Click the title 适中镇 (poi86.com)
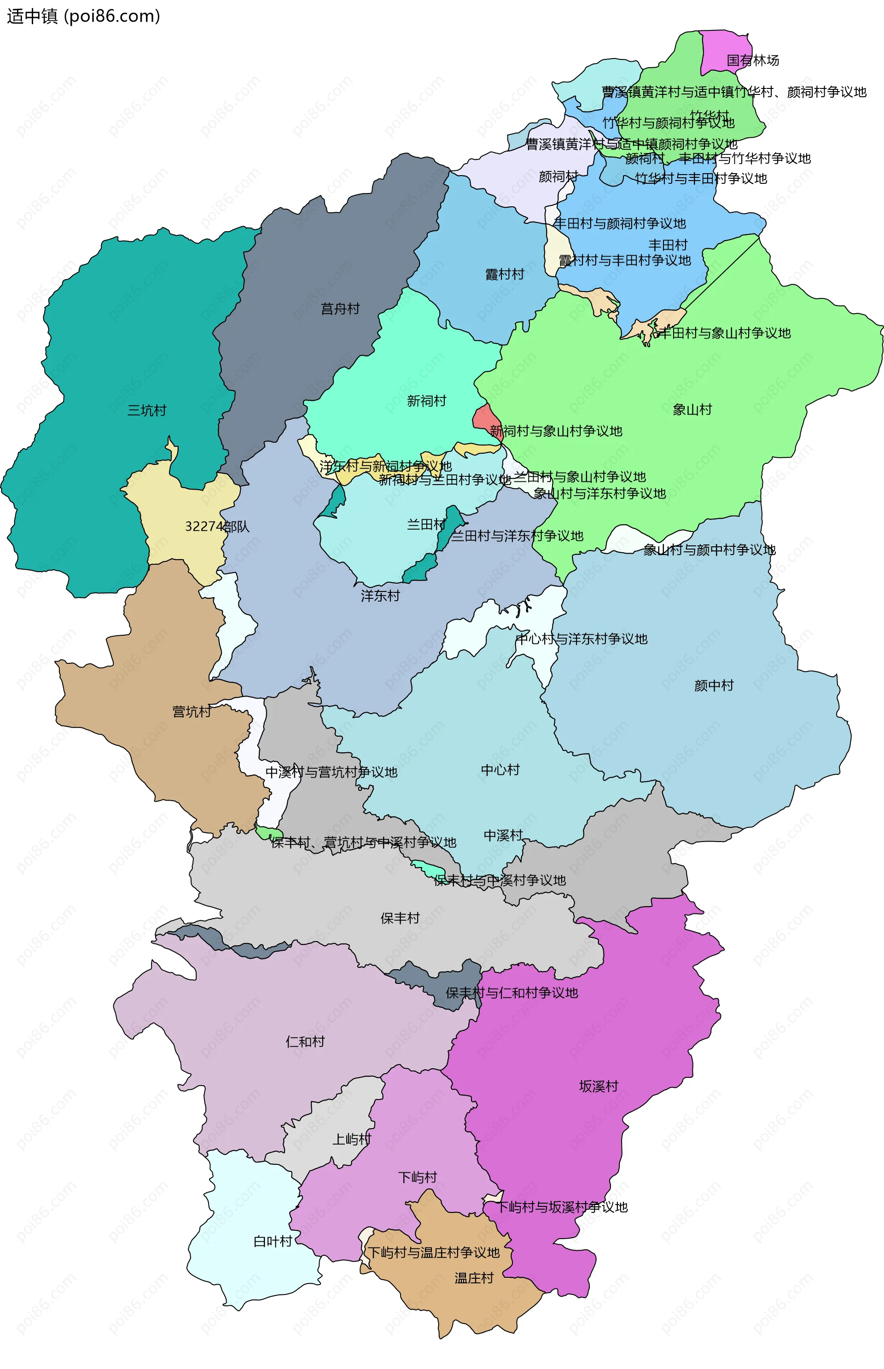pyautogui.click(x=83, y=16)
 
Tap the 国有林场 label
pyautogui.click(x=752, y=60)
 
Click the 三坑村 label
pyautogui.click(x=146, y=410)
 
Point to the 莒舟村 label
pyautogui.click(x=340, y=309)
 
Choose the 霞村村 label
pyautogui.click(x=505, y=274)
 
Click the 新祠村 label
pyautogui.click(x=426, y=401)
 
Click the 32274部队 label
pyautogui.click(x=216, y=527)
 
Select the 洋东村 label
pyautogui.click(x=380, y=596)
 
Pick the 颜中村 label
pyautogui.click(x=714, y=685)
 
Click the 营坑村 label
pyautogui.click(x=192, y=712)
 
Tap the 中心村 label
pyautogui.click(x=500, y=770)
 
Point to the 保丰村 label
pyautogui.click(x=400, y=918)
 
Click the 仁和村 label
pyautogui.click(x=305, y=1041)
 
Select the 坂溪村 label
pyautogui.click(x=598, y=1086)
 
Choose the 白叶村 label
pyautogui.click(x=273, y=1241)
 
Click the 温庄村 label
pyautogui.click(x=474, y=1278)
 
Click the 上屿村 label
pyautogui.click(x=351, y=1139)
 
